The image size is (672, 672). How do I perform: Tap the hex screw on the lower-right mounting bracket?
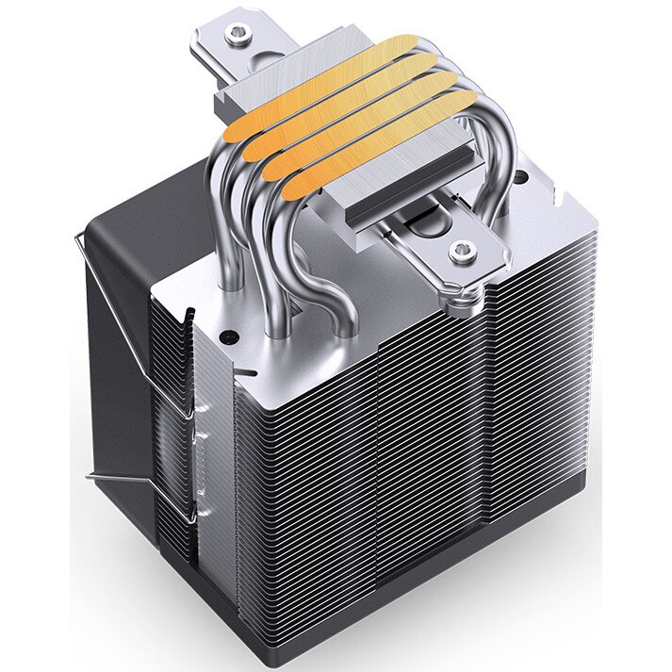[461, 251]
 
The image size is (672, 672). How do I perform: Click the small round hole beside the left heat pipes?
[228, 334]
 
